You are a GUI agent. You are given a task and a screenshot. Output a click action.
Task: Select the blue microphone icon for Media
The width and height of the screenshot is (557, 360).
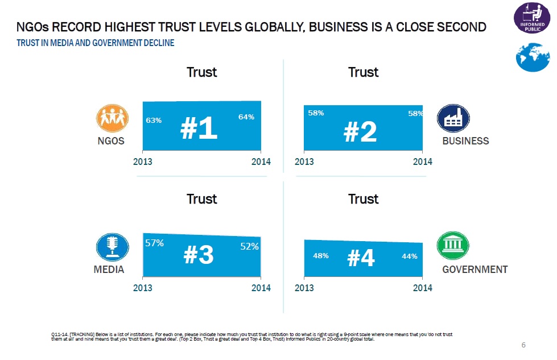(110, 246)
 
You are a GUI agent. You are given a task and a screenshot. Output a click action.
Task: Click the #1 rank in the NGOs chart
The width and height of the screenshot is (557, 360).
(199, 129)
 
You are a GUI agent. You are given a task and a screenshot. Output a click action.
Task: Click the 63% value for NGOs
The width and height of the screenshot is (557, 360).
(154, 120)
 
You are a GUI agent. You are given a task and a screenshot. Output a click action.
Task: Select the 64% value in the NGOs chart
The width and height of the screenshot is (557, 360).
(246, 117)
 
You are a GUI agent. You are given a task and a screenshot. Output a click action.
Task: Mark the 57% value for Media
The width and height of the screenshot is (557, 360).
(155, 243)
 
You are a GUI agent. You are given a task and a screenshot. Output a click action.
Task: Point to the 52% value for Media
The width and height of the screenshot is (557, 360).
(249, 246)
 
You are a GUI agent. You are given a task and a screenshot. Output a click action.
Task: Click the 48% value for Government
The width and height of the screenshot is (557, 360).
(321, 256)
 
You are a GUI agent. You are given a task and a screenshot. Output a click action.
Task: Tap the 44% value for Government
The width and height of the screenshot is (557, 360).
(410, 256)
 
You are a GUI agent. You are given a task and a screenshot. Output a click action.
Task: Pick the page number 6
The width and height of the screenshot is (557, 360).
(523, 345)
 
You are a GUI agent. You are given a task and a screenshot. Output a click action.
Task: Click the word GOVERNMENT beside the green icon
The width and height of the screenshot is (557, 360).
(475, 270)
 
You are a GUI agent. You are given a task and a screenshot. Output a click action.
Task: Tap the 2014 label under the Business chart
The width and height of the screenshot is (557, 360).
(423, 162)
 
